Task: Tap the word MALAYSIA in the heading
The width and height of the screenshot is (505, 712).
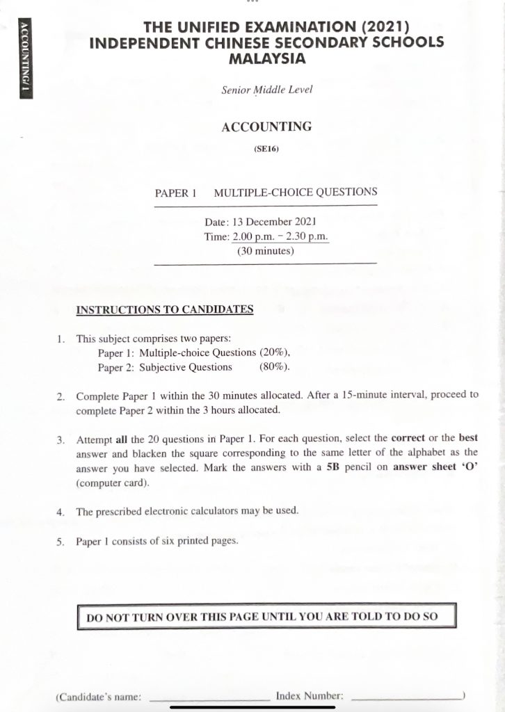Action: [267, 58]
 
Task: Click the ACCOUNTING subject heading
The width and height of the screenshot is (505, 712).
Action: [266, 127]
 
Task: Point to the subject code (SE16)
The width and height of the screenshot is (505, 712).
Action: [266, 148]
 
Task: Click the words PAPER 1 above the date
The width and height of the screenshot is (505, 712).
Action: [176, 193]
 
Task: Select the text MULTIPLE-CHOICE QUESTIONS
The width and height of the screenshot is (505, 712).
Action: [296, 193]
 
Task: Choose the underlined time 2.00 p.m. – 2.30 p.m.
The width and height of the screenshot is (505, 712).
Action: [280, 237]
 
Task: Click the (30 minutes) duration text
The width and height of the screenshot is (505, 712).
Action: [266, 252]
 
